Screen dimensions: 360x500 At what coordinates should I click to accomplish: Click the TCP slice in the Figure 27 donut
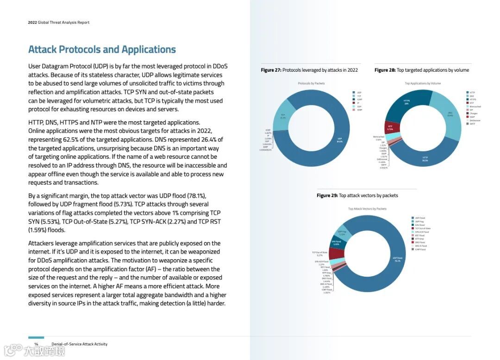[x=282, y=116]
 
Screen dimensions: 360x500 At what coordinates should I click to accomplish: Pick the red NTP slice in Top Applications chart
[x=390, y=128]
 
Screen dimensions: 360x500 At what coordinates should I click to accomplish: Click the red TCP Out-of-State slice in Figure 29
[x=336, y=253]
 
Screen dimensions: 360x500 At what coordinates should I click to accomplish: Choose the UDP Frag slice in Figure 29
[x=343, y=233]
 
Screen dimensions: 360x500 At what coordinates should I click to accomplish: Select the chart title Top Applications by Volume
[x=423, y=83]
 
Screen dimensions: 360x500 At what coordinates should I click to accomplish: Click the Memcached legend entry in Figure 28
[x=475, y=106]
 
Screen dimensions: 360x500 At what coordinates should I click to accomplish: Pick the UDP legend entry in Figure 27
[x=359, y=93]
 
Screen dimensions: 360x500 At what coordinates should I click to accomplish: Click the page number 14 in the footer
[x=36, y=344]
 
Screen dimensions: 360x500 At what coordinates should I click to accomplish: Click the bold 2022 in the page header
[x=32, y=22]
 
